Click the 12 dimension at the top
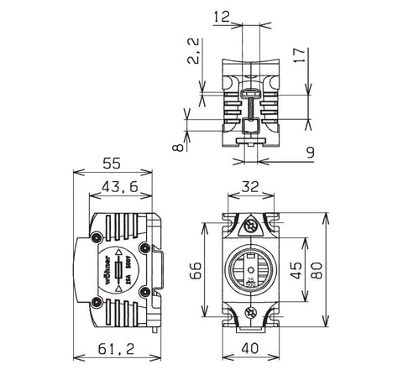coord(222,16)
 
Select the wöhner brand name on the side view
coord(107,268)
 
